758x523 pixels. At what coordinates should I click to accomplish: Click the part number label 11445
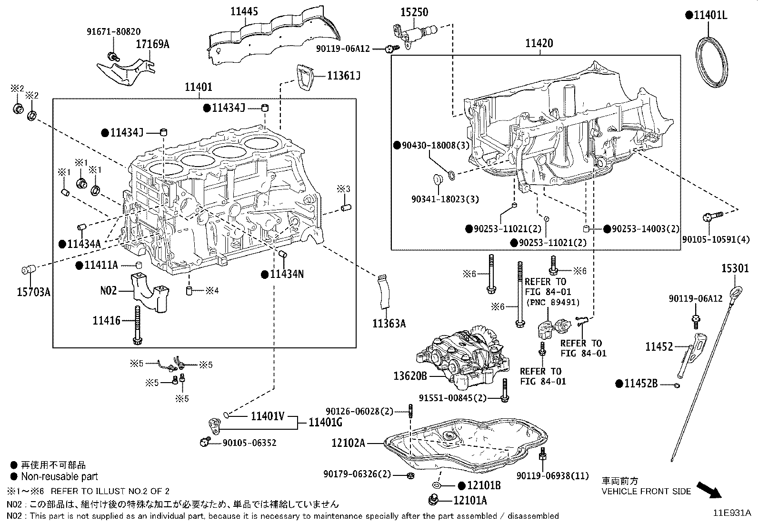coord(244,11)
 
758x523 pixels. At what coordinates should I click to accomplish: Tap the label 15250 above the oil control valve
coord(415,12)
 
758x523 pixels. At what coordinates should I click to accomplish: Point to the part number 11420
coord(539,43)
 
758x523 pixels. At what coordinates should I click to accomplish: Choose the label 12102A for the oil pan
coord(348,443)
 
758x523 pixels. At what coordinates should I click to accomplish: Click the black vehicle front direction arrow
coord(709,490)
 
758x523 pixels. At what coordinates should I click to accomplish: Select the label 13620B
coord(410,376)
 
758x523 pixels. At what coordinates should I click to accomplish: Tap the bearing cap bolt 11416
coord(138,325)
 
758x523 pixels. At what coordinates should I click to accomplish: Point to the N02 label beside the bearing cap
coord(108,291)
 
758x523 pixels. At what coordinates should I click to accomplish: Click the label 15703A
coord(33,292)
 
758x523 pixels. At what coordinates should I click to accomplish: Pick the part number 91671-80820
coord(114,32)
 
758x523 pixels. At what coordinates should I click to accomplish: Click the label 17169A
coord(153,44)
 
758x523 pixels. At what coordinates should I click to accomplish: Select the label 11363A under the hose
coord(389,324)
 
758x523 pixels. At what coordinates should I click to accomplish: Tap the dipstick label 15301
coord(735,268)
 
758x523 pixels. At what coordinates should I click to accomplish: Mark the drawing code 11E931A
coord(732,513)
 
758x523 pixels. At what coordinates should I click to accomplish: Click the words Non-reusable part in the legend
coord(60,477)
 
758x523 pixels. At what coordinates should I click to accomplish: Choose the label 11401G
coord(325,423)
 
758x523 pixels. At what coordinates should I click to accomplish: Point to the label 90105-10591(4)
coord(716,239)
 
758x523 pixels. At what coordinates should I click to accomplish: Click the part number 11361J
coord(344,76)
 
